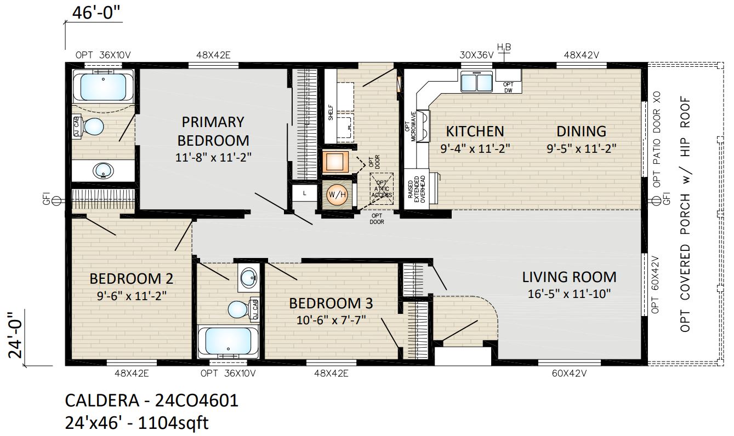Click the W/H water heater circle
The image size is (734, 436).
337,195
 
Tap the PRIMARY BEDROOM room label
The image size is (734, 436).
213,131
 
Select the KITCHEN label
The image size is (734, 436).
475,131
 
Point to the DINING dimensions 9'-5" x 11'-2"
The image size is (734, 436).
581,148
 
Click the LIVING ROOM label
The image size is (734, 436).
569,277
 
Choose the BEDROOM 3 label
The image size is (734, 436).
331,303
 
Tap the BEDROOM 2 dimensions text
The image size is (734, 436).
132,296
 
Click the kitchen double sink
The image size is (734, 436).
476,82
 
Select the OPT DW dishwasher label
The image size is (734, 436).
508,88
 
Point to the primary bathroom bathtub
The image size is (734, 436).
103,87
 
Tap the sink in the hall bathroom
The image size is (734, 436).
249,278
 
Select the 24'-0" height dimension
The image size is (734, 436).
15,335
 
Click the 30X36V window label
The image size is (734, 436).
476,55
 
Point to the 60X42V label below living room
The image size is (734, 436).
569,373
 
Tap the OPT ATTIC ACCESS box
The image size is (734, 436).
382,189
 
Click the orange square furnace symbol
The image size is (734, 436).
335,162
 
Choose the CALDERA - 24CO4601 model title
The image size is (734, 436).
152,400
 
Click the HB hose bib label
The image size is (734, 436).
504,48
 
